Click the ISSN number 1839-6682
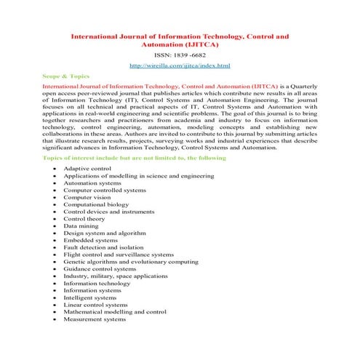(179, 54)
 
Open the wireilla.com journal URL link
(179, 66)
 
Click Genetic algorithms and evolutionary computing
(131, 262)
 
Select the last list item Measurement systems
(95, 319)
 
